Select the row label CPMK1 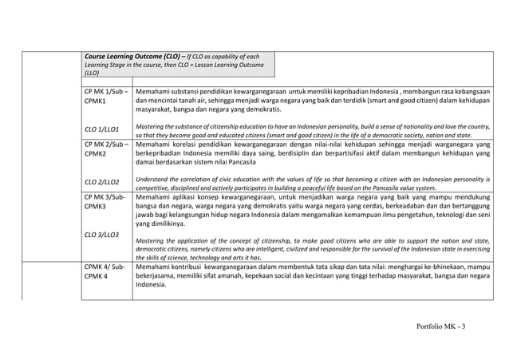pos(97,102)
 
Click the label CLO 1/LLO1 pos(102,128)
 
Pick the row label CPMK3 pos(97,205)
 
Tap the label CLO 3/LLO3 pos(102,235)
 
